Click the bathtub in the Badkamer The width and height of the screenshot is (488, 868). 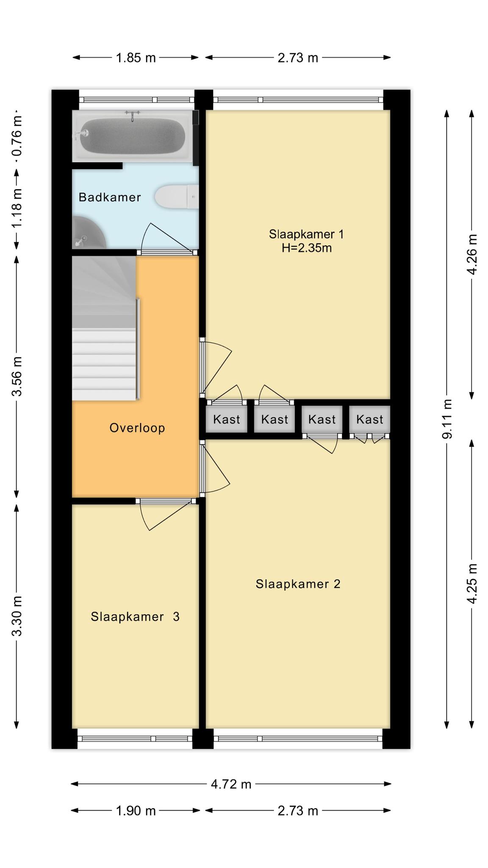[132, 136]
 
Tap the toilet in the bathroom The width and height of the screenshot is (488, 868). [177, 197]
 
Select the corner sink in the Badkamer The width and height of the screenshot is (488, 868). [88, 232]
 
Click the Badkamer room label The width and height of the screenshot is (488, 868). [110, 197]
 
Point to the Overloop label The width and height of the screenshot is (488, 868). [137, 428]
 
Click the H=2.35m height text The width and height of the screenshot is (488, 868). [307, 248]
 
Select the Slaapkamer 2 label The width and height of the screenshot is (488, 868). [298, 584]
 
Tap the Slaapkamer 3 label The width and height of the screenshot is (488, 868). [135, 617]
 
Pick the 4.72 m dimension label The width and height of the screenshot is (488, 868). [231, 784]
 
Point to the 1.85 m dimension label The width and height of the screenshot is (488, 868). [136, 58]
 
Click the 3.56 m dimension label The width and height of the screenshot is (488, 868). [17, 376]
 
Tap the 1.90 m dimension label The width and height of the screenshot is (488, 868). [136, 811]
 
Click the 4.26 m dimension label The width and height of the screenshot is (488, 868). [472, 254]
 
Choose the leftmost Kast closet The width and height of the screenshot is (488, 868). [227, 419]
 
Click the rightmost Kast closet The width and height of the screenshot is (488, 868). [369, 419]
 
